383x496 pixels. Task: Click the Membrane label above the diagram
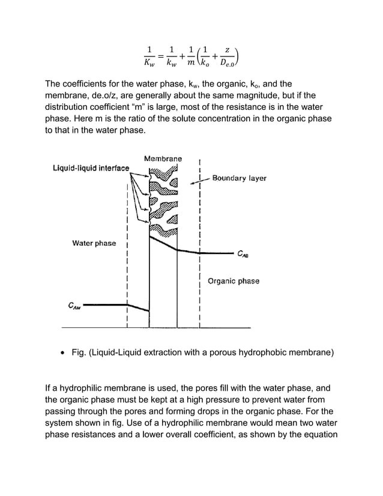pos(163,159)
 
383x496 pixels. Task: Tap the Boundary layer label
pos(239,178)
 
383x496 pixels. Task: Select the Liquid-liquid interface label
pos(90,168)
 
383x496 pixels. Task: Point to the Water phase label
pos(94,243)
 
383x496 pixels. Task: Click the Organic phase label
pos(234,280)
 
